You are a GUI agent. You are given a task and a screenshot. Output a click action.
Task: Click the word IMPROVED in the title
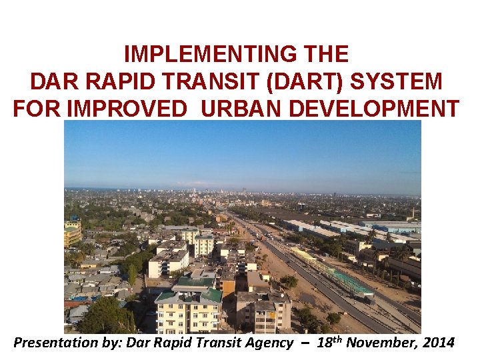(x=136, y=109)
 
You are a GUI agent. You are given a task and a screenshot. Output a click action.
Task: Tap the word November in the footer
(x=376, y=343)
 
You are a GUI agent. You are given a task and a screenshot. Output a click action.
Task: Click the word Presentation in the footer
(x=53, y=343)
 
